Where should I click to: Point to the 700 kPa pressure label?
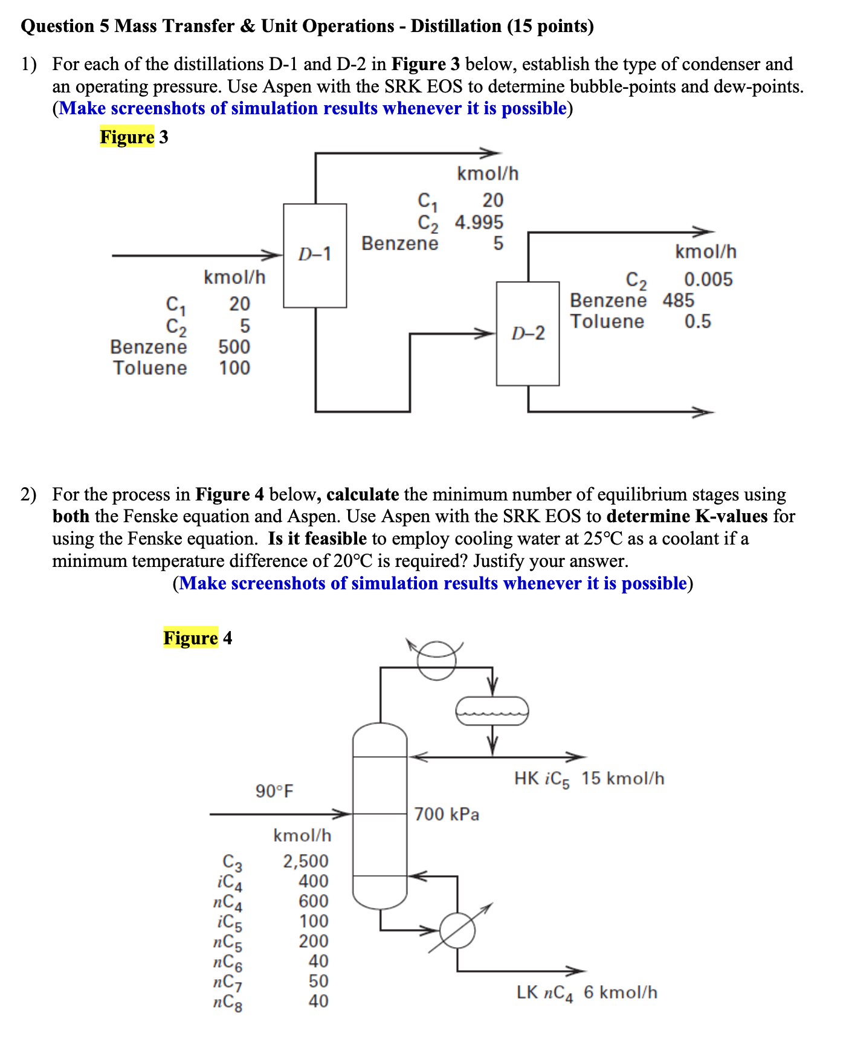coord(447,815)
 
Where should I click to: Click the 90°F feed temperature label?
coord(274,791)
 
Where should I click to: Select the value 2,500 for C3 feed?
coord(306,861)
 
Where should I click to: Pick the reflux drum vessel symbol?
coord(492,711)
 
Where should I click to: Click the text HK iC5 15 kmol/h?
coord(589,779)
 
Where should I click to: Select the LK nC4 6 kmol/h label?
coord(587,992)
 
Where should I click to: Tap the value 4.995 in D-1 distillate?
coord(479,222)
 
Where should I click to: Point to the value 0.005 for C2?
coord(708,280)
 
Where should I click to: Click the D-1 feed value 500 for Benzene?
coord(234,347)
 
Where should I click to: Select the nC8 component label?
coord(228,1003)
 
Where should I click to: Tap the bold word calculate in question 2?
coord(363,495)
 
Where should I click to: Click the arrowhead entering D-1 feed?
coord(275,255)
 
